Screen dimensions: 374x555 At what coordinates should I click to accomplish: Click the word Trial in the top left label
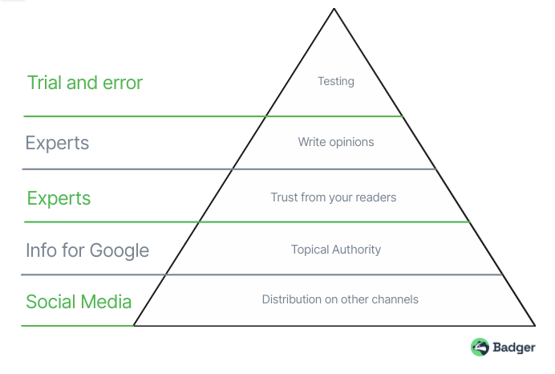click(45, 83)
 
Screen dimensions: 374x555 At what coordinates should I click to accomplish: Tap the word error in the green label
click(122, 83)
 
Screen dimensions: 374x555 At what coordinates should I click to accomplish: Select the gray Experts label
click(57, 143)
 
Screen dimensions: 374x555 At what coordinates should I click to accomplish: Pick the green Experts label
click(59, 198)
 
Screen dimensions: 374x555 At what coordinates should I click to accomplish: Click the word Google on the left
click(120, 250)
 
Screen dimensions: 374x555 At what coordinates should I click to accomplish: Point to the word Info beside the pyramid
click(41, 250)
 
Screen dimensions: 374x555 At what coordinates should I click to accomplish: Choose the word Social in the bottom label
click(51, 302)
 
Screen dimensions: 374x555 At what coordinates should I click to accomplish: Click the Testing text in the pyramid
click(335, 81)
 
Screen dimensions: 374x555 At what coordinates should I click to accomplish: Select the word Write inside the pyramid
click(311, 142)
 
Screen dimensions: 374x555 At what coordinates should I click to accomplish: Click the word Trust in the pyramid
click(285, 197)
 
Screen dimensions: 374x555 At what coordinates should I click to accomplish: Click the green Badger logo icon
click(480, 347)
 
